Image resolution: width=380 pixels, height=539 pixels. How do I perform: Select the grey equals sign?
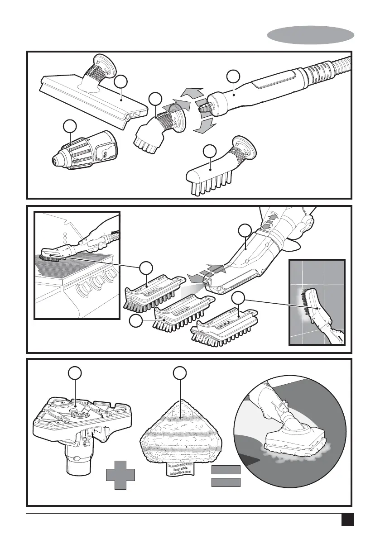coord(226,476)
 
